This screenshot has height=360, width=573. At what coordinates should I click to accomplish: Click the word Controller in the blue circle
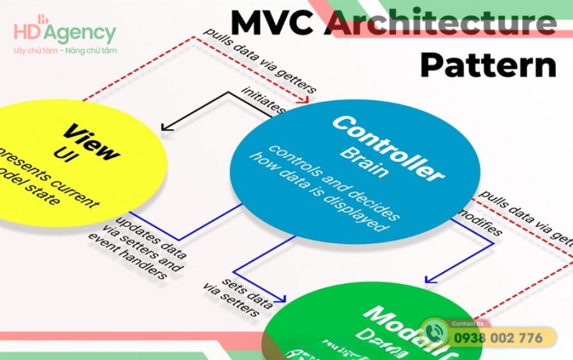tap(386, 148)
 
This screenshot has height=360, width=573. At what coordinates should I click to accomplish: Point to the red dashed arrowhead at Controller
tap(304, 99)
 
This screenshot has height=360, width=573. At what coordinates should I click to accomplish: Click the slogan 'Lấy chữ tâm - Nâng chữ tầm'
tap(64, 50)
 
